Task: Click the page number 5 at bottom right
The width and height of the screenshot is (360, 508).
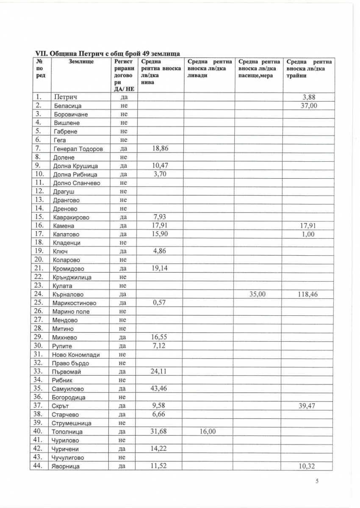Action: click(x=317, y=481)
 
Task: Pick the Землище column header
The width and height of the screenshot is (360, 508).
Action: click(x=81, y=62)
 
